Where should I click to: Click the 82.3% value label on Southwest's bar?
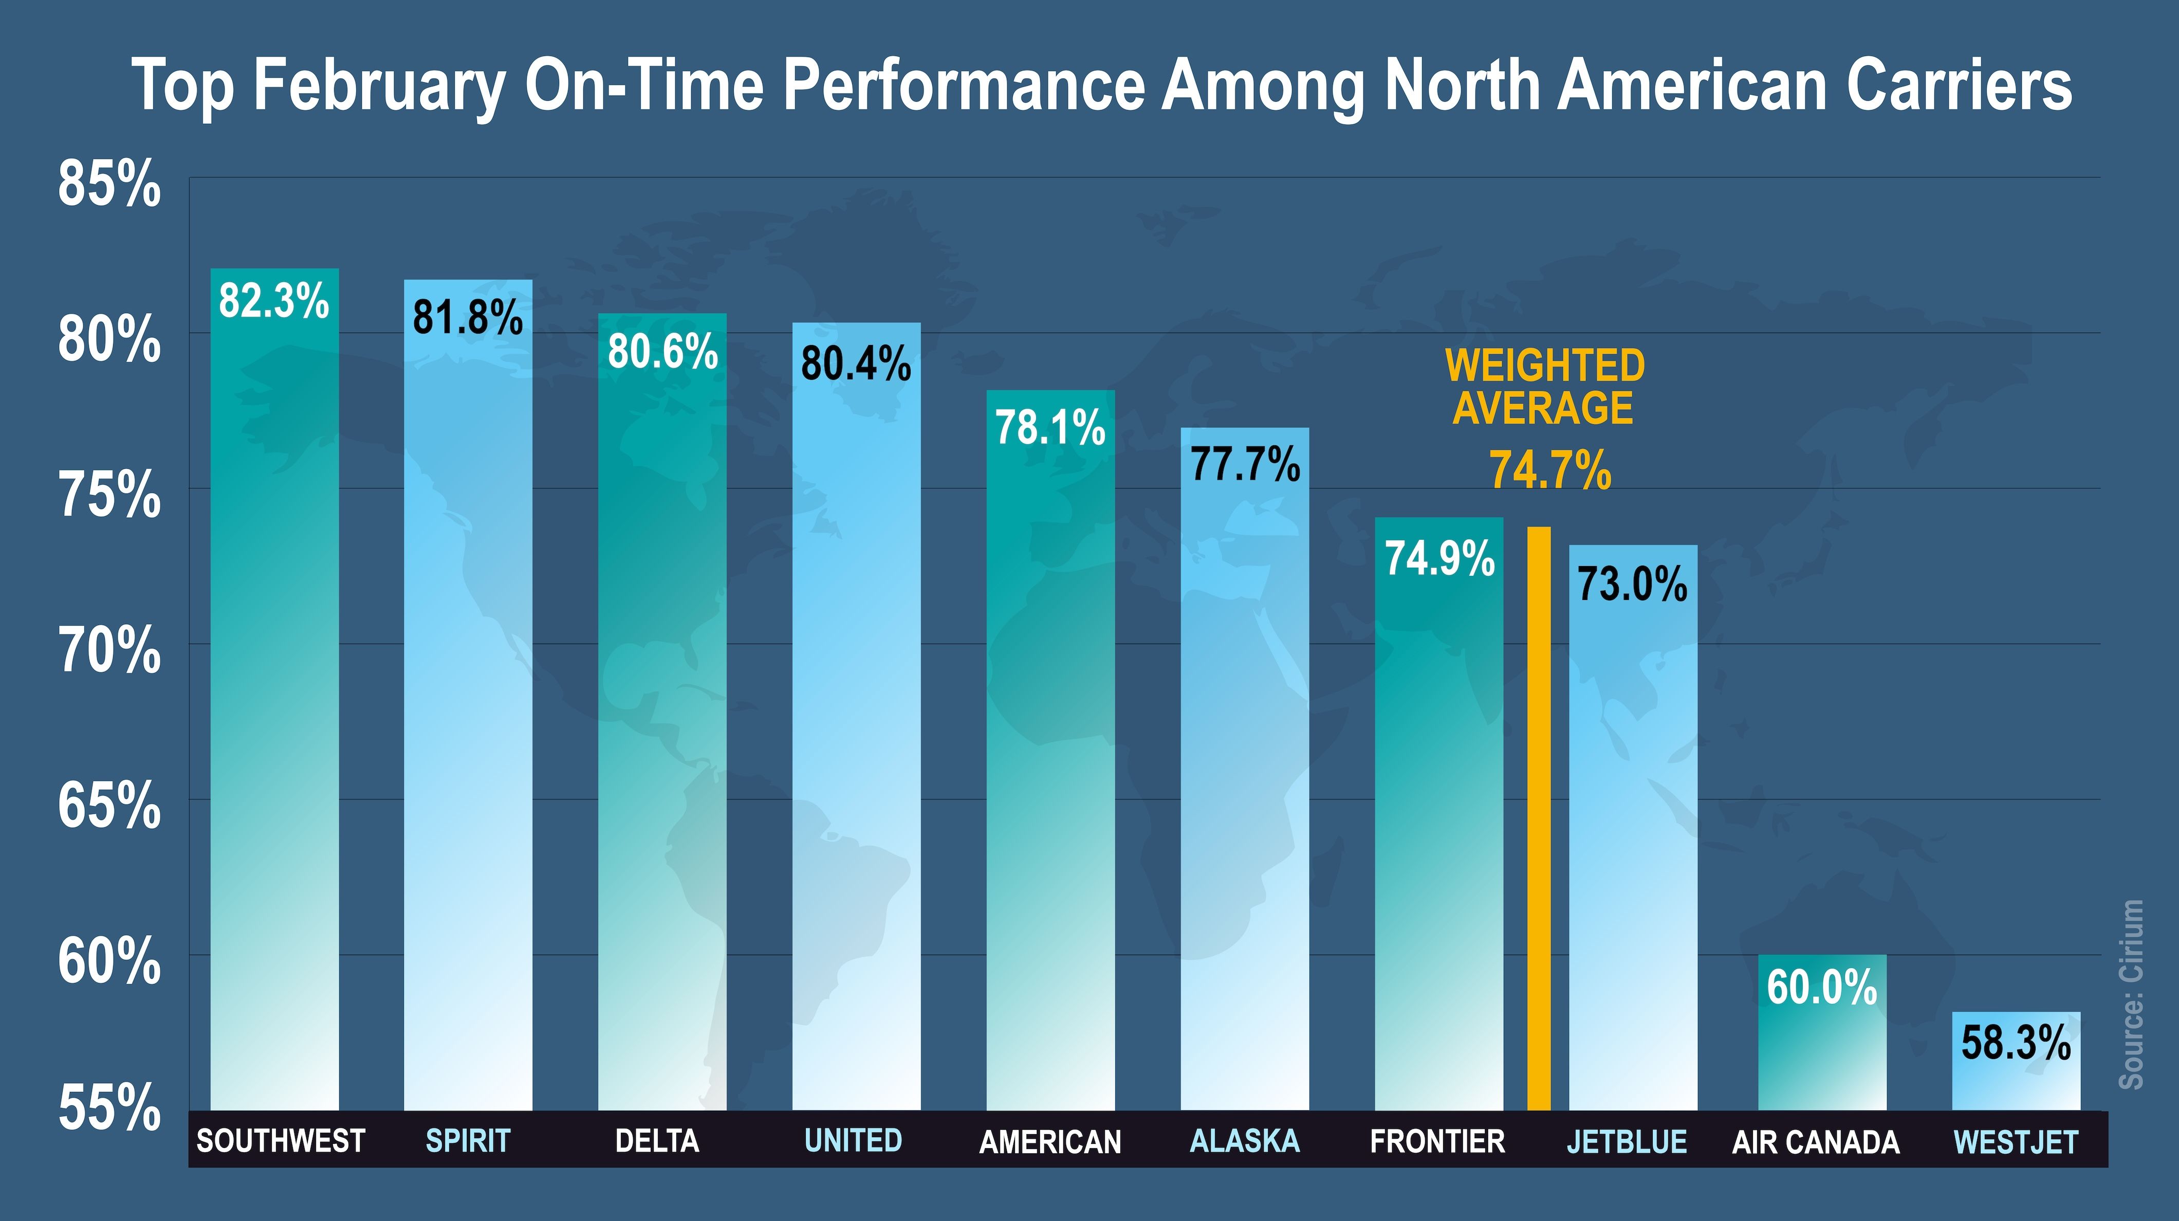coord(273,301)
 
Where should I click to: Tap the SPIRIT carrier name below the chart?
coord(468,1141)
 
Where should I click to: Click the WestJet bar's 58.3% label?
coord(2016,1043)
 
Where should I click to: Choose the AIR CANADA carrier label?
coord(1815,1142)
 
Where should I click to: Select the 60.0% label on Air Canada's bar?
coord(1821,988)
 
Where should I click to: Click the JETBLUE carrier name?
coord(1627,1142)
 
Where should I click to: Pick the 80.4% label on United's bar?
coord(856,364)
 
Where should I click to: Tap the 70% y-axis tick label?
coord(109,651)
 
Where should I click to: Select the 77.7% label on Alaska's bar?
coord(1245,465)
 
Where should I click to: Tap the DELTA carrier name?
coord(657,1141)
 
